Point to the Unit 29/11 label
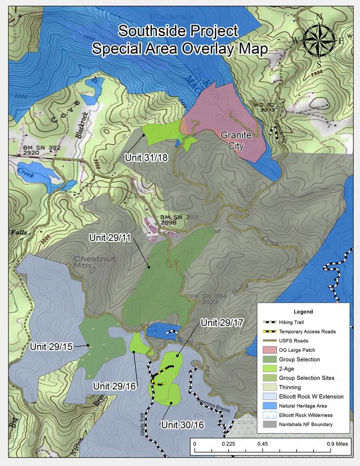(x=110, y=238)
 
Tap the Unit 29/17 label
(x=222, y=323)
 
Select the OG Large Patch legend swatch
(x=274, y=350)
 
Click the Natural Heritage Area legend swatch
(x=274, y=405)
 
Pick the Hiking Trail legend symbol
(x=274, y=322)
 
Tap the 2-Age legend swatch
(x=274, y=369)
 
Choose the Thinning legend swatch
(x=274, y=387)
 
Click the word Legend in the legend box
(x=303, y=311)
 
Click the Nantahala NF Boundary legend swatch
(x=274, y=424)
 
